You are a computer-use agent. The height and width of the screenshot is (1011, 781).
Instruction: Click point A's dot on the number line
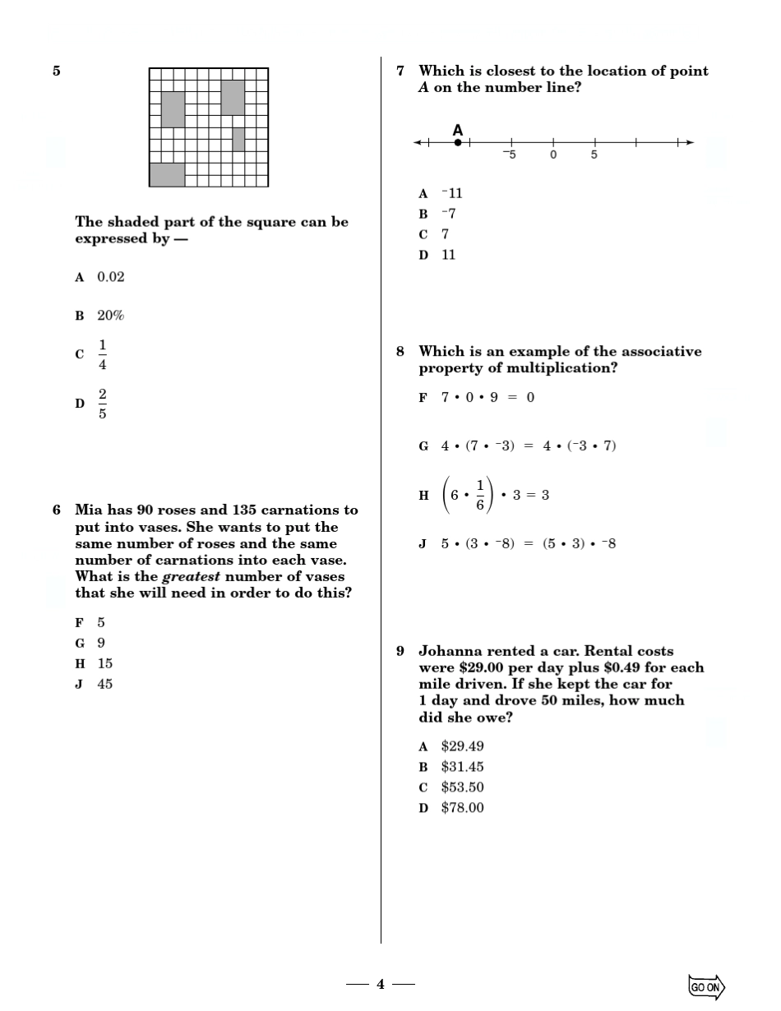point(458,142)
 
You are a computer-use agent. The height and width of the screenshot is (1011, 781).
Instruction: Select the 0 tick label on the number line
point(553,155)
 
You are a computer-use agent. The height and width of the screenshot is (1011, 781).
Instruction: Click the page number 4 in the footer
point(381,984)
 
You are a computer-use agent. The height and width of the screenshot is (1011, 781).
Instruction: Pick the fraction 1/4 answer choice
point(103,354)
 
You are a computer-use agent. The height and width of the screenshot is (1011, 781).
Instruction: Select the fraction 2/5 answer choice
point(103,404)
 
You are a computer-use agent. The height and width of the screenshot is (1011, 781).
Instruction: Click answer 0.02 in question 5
point(111,277)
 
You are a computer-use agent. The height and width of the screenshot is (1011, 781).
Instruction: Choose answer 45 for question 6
point(104,684)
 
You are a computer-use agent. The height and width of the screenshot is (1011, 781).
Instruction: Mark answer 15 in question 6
point(104,663)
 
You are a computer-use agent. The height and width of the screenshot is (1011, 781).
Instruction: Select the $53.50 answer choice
point(462,787)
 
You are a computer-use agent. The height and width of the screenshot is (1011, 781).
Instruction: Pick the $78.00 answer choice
point(462,808)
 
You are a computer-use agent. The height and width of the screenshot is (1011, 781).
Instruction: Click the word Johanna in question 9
point(451,651)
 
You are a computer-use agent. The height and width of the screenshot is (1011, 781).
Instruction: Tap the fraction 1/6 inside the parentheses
point(479,495)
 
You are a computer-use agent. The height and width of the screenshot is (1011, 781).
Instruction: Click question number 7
point(400,72)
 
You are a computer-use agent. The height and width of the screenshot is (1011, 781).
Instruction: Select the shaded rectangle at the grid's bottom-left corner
point(167,174)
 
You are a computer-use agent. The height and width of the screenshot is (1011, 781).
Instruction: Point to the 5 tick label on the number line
point(594,155)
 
